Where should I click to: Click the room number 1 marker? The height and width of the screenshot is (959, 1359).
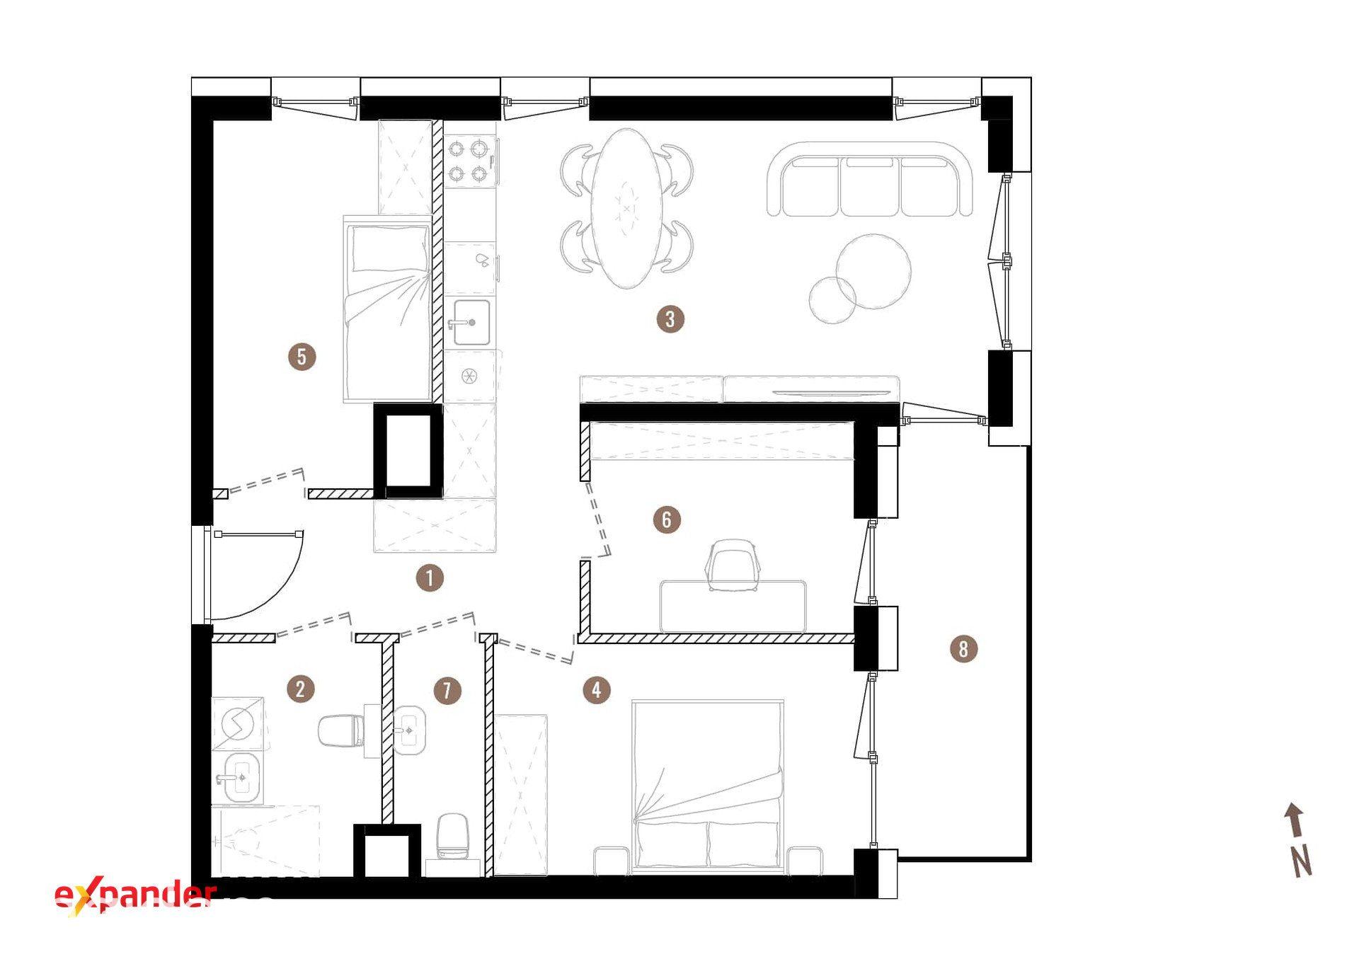pos(430,578)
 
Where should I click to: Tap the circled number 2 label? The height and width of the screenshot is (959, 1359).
pos(301,689)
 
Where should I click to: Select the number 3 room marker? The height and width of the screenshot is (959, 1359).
pos(670,319)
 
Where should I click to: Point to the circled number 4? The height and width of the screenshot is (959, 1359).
pos(597,689)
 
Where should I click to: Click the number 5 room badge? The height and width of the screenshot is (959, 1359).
pos(302,356)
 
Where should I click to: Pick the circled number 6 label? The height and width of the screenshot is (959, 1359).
pos(667,519)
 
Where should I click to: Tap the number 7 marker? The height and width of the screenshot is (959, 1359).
pos(447,690)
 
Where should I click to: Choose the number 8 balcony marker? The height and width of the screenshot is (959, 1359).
pos(963,648)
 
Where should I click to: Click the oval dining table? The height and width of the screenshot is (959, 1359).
pos(627,208)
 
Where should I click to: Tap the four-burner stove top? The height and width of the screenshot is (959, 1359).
pos(471,162)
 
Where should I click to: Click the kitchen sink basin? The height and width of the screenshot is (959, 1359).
pos(471,323)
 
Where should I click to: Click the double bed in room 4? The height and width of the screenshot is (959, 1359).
pos(708,786)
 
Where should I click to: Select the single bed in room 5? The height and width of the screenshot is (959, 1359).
pos(388,309)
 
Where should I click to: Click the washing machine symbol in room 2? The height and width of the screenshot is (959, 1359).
pos(238,723)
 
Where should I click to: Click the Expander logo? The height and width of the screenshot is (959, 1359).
pos(134,895)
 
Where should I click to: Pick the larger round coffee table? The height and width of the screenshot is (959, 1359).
pos(873,270)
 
